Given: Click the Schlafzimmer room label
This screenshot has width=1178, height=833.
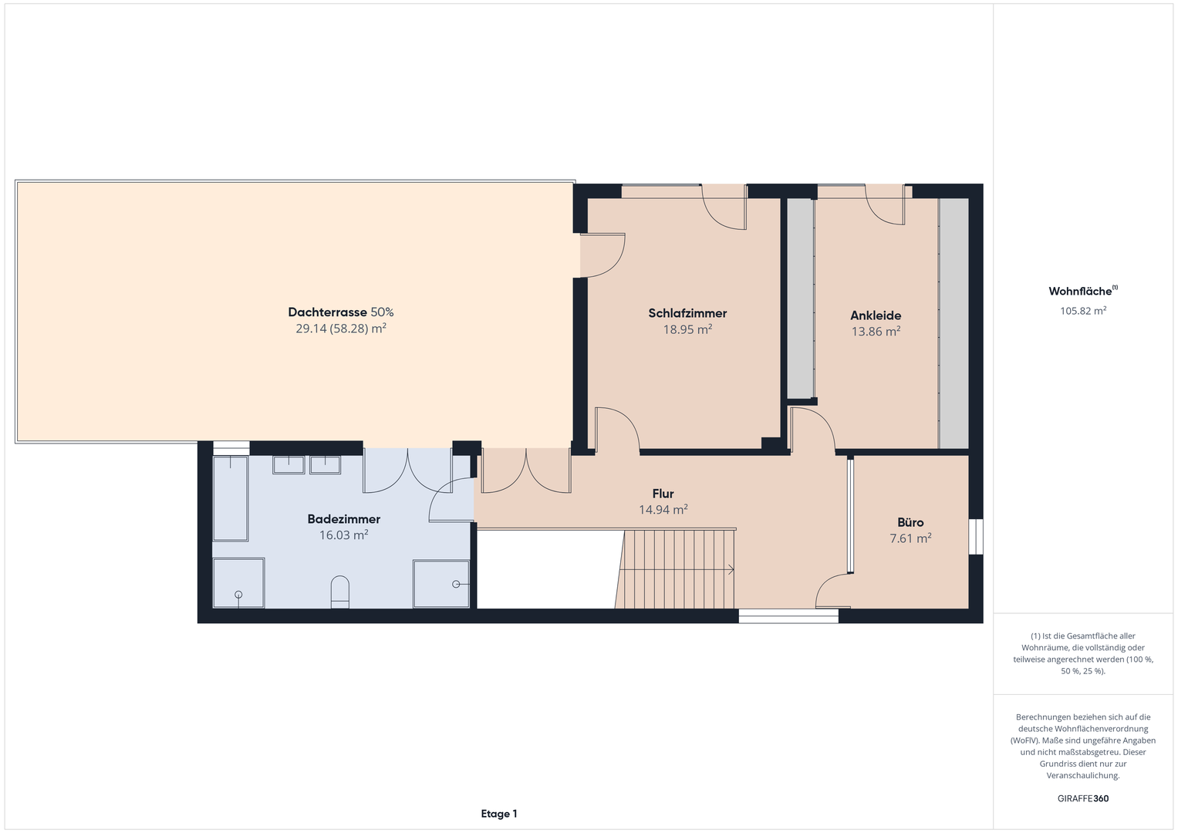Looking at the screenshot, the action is (687, 313).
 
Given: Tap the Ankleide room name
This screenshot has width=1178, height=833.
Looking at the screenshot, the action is (876, 315).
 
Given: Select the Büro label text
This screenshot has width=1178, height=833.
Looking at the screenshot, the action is (910, 522).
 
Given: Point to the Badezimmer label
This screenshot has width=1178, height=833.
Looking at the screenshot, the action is (343, 519).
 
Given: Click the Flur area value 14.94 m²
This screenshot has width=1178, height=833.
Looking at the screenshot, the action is (663, 510).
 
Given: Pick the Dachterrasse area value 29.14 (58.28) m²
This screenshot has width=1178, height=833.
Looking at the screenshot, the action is (341, 329).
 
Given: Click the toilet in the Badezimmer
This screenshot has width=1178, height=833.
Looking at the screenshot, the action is (340, 592).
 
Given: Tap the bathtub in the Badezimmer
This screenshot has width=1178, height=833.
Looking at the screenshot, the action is (231, 498).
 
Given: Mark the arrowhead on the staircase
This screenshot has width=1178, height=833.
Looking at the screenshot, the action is (731, 569).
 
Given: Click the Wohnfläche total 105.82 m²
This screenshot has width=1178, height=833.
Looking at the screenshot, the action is (1083, 311).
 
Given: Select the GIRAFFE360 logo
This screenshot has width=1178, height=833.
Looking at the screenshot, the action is (1083, 798).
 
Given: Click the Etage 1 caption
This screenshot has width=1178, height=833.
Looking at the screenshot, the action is (499, 814).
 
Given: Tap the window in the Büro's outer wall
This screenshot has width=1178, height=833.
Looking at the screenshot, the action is (976, 536).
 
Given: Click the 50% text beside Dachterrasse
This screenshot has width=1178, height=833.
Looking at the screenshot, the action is (382, 312).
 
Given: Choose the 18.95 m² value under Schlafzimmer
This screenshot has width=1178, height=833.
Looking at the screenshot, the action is (687, 330).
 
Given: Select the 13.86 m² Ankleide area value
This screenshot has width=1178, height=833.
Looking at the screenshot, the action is (876, 332).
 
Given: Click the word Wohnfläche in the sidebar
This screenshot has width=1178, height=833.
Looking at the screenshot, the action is (1080, 292).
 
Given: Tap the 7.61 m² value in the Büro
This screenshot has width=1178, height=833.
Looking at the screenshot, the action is (910, 538).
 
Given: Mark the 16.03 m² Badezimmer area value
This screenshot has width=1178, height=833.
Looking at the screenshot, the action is (343, 535).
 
